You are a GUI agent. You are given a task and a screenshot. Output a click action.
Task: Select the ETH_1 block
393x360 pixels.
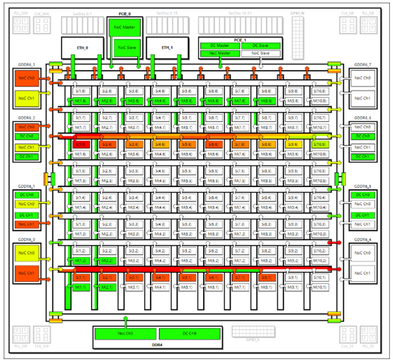pos(167,47)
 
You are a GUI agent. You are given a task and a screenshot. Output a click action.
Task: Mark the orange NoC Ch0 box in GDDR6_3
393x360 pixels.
pos(26,78)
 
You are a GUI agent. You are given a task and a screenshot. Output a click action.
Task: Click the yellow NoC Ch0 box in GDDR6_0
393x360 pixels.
pos(26,252)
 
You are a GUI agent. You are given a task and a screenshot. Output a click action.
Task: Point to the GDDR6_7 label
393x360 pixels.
pos(363,65)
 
